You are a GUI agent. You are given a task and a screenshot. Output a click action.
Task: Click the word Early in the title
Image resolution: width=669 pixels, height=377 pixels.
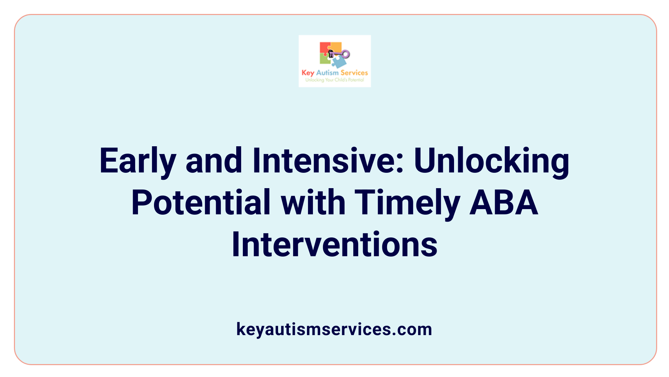click(x=138, y=161)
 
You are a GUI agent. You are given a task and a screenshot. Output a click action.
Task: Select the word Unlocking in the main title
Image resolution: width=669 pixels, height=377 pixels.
click(x=491, y=161)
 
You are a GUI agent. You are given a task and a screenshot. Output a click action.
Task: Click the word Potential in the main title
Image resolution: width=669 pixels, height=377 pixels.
click(x=201, y=202)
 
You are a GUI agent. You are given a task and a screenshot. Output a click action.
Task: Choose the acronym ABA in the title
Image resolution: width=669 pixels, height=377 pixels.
click(x=503, y=202)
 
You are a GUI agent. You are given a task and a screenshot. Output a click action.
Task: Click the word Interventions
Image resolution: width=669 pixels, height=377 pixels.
click(x=334, y=244)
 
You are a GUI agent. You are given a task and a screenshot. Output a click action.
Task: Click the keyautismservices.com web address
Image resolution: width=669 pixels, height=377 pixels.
click(x=334, y=329)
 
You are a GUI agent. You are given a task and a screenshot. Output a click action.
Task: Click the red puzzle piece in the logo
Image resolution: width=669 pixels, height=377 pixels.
click(x=324, y=48)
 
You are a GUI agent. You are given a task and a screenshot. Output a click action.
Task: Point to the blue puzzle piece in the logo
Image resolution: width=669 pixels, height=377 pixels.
click(x=339, y=62)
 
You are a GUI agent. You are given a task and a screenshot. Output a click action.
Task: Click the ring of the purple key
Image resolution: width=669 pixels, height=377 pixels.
click(x=346, y=54)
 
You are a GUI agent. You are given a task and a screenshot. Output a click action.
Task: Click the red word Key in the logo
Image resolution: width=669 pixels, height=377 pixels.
click(x=308, y=73)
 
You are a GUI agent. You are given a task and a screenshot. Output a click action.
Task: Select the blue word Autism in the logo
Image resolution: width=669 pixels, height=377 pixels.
click(x=327, y=73)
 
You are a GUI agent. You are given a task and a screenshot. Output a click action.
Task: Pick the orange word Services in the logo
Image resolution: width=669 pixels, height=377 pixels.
click(x=354, y=73)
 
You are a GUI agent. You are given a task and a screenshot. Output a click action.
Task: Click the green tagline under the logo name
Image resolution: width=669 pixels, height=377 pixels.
click(x=334, y=80)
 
